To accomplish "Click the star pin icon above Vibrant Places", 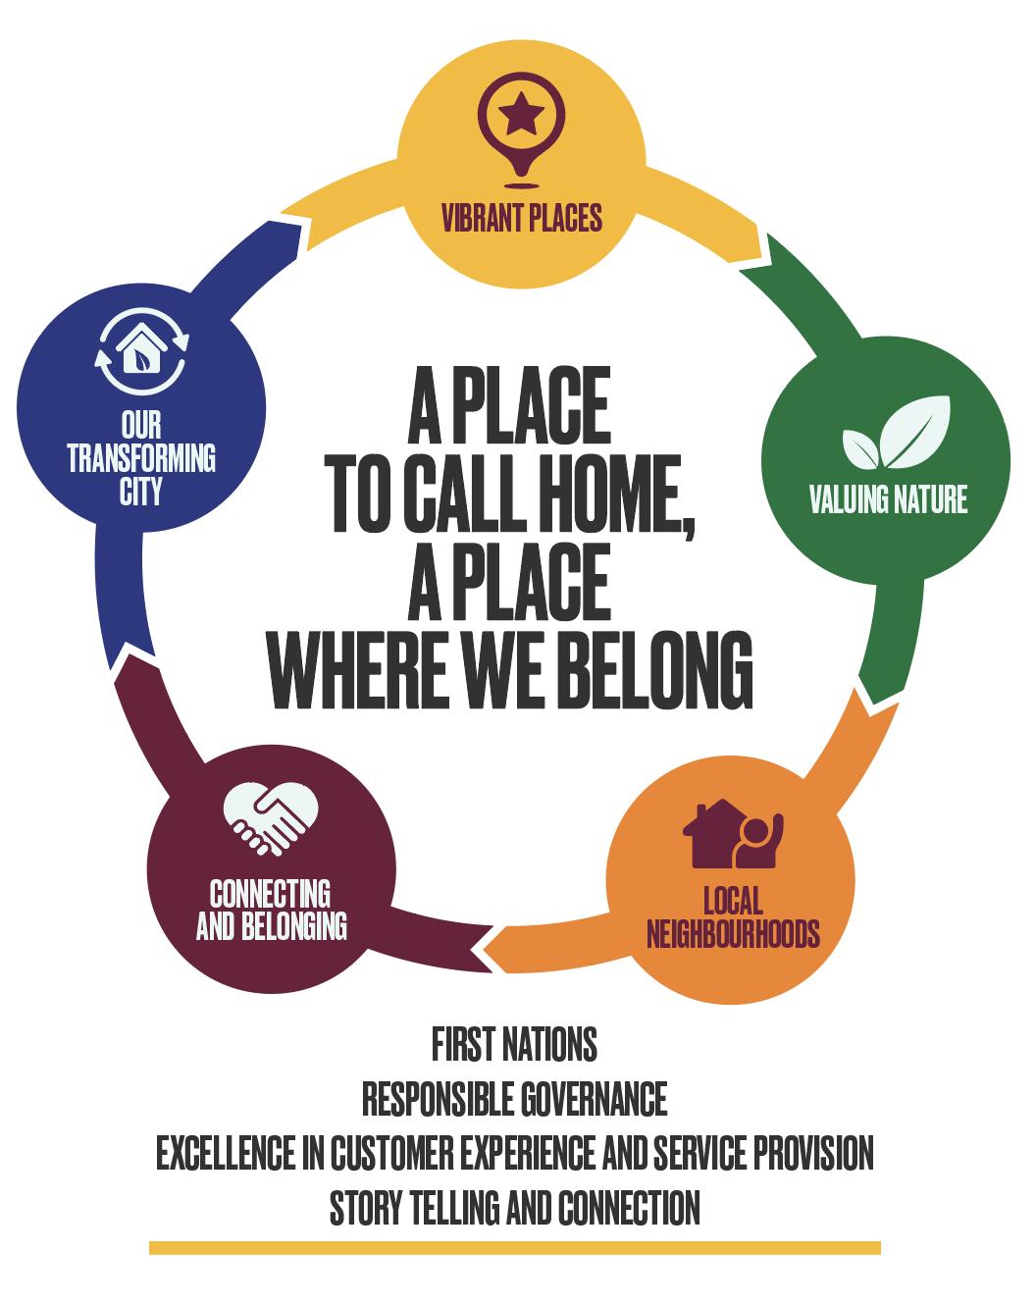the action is click(x=521, y=132).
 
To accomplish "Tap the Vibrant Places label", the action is click(x=521, y=217).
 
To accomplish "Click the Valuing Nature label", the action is click(x=888, y=499).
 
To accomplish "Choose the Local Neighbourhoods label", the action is click(x=733, y=916).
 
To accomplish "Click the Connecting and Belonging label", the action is click(x=271, y=910).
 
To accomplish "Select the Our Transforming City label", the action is click(x=141, y=457).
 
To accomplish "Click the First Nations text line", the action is click(x=514, y=1045).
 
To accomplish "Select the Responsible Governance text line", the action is click(x=514, y=1099).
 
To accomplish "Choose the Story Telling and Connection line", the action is click(x=514, y=1207).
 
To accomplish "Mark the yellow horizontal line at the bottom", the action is click(x=514, y=1248).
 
